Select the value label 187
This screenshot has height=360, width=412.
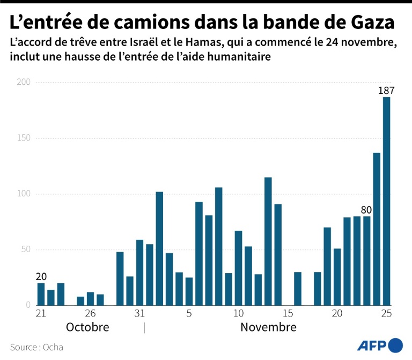tap(386, 90)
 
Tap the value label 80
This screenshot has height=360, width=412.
tap(367, 209)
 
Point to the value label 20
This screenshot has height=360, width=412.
tap(41, 276)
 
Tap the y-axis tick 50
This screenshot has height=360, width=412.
tap(25, 249)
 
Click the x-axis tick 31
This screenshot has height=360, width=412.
tap(139, 313)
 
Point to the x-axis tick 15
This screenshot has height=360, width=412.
tap(288, 313)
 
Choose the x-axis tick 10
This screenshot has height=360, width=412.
tap(238, 313)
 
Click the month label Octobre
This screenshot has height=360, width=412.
tap(87, 327)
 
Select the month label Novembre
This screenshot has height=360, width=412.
tap(268, 327)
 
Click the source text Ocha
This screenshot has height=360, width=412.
tap(53, 347)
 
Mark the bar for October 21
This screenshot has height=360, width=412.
tap(41, 294)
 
